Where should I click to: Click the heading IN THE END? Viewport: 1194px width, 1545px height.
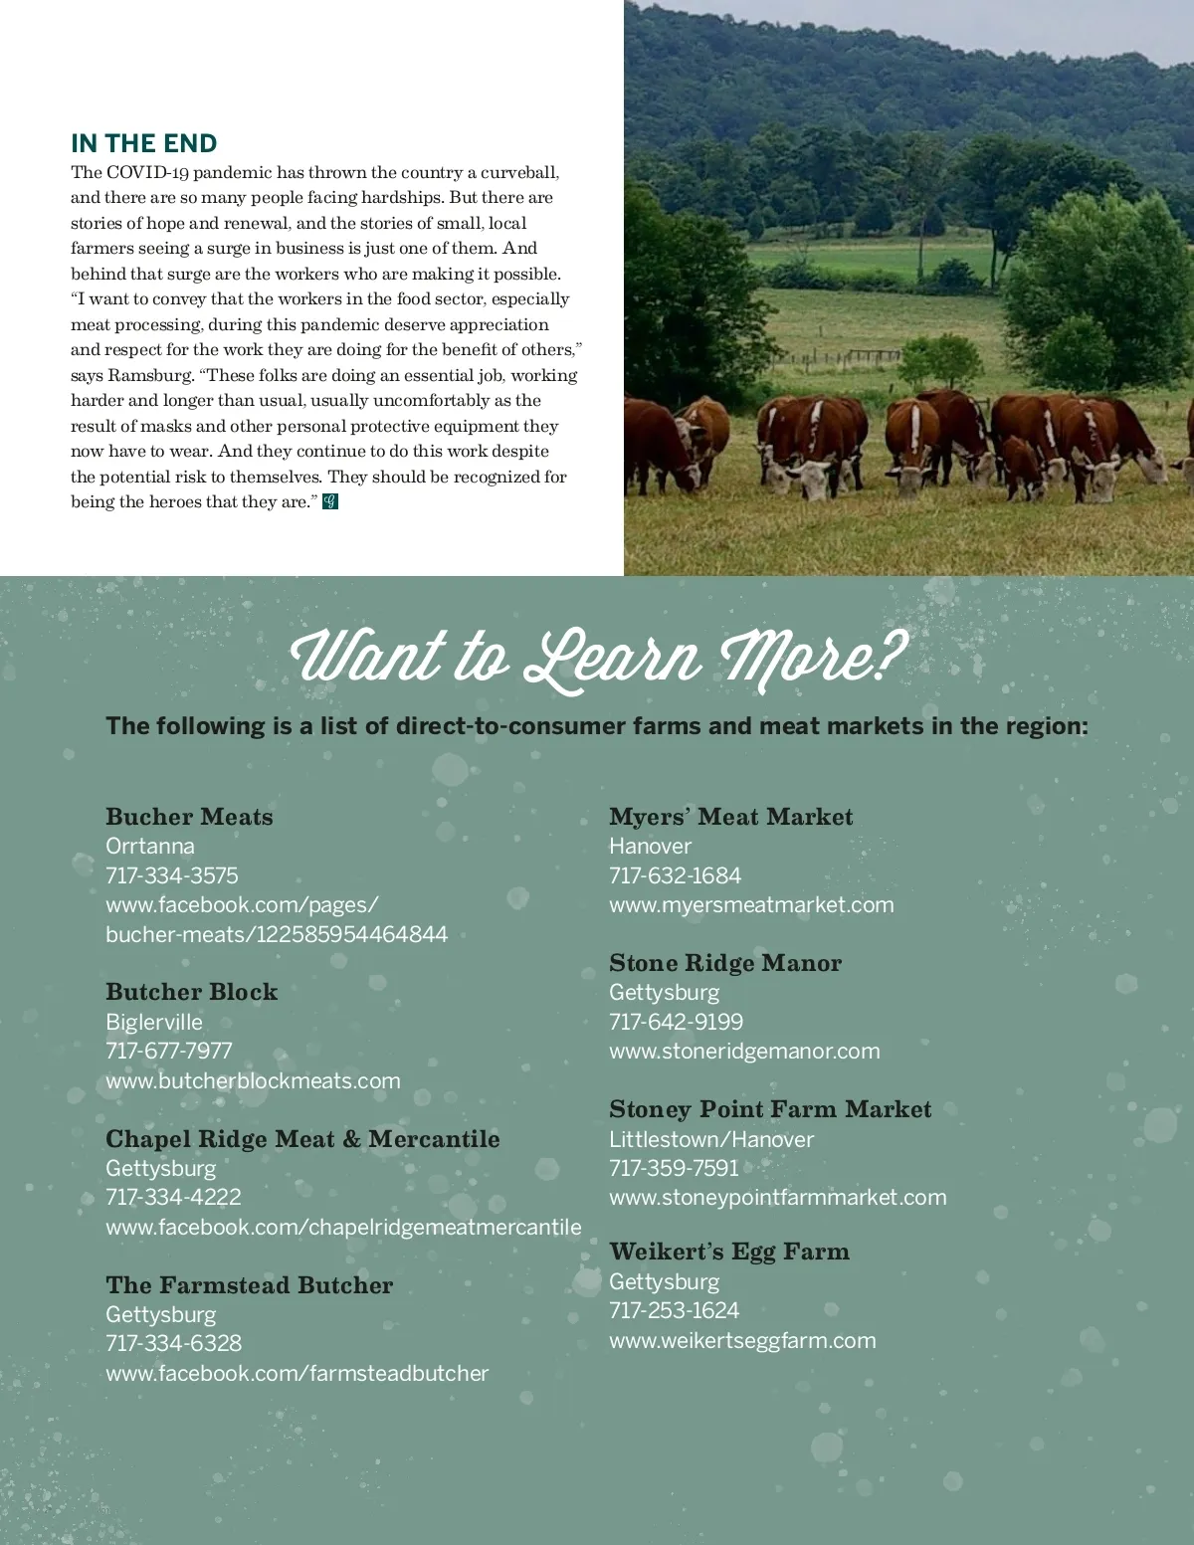[144, 143]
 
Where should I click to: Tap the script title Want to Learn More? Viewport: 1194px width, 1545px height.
[597, 658]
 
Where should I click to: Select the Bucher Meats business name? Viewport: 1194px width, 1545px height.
[189, 817]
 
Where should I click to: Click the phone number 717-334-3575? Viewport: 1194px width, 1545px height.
[172, 875]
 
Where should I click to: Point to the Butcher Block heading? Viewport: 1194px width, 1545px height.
[192, 992]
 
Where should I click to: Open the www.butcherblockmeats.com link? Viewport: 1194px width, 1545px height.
[253, 1080]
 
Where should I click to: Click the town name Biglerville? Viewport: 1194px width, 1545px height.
[154, 1022]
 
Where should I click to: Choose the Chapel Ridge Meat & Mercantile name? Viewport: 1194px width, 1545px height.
[302, 1139]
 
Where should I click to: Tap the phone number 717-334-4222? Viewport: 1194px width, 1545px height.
[173, 1197]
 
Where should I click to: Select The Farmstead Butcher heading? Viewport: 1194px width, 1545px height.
[249, 1285]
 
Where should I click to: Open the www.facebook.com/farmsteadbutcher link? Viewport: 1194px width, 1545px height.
[297, 1373]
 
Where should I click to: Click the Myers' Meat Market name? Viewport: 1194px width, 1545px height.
[730, 817]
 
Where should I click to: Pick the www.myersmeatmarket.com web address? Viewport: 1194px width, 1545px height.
[751, 904]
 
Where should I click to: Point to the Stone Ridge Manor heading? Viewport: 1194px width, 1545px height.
[725, 963]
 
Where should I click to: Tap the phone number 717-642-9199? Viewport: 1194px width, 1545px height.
[676, 1022]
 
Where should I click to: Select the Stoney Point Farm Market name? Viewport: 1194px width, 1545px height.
[770, 1109]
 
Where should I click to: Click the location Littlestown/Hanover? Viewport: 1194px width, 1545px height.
[711, 1139]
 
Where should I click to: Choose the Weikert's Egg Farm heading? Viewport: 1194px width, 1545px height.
[729, 1252]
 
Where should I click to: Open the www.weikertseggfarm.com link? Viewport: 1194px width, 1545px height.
[742, 1340]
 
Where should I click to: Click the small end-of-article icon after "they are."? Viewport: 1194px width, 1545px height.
[330, 502]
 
